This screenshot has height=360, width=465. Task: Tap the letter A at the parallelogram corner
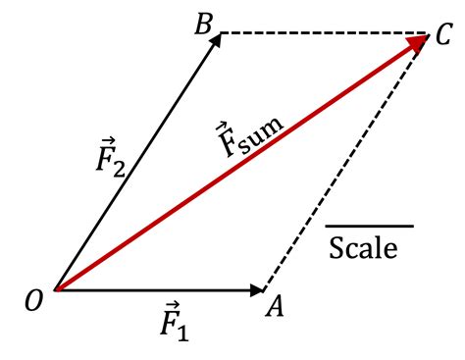coord(276,307)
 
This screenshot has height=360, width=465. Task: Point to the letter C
coord(444,38)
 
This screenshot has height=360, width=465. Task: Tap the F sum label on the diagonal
coord(250,138)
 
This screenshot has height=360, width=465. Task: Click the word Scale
coord(363,248)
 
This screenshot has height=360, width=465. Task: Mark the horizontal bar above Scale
coord(369,227)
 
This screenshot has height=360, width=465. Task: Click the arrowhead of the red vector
coord(416,42)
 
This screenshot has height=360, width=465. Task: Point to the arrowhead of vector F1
coord(259,289)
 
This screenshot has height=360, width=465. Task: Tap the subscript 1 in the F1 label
coord(183,331)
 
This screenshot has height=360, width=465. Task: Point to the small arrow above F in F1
coord(170,306)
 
